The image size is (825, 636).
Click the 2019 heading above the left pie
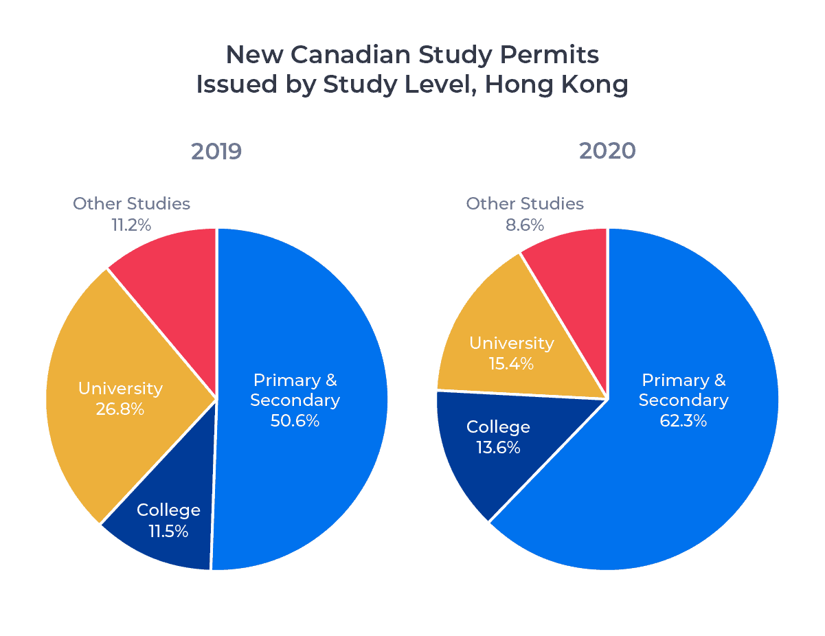(216, 150)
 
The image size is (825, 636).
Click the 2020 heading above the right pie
(607, 150)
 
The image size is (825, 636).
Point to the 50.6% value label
(295, 420)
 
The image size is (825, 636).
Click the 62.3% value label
(683, 420)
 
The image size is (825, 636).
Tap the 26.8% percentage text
(120, 409)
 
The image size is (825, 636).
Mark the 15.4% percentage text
(511, 363)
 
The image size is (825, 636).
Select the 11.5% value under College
(168, 531)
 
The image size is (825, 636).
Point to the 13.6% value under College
(498, 448)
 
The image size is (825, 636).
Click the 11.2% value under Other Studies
(131, 225)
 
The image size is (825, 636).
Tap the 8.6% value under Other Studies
(525, 225)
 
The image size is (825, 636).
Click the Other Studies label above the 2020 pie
(525, 204)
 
